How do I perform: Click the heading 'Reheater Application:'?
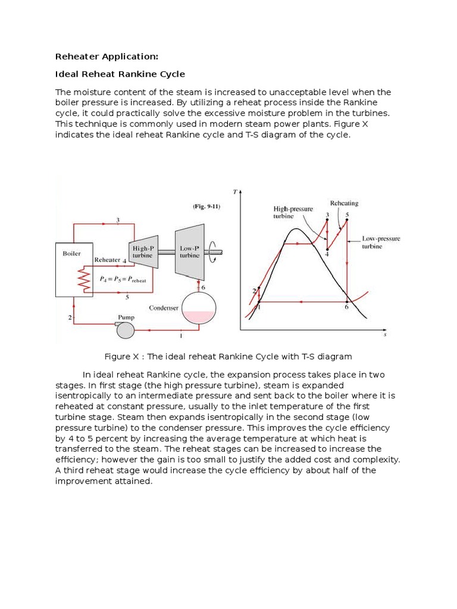click(107, 56)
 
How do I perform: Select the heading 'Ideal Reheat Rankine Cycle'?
click(120, 74)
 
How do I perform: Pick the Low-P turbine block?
click(190, 251)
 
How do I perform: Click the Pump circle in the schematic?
click(126, 329)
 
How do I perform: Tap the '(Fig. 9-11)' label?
click(205, 206)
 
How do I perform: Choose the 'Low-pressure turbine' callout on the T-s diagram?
click(381, 242)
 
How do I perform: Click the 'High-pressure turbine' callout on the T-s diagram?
click(292, 212)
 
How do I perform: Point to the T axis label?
click(236, 192)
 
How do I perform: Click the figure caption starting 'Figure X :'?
click(228, 356)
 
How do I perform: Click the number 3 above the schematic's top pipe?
click(118, 220)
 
